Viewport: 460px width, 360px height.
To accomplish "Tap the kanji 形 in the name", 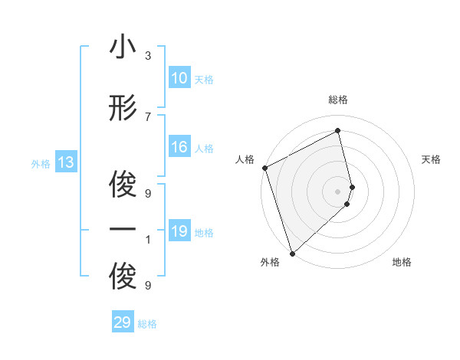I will [x=123, y=109].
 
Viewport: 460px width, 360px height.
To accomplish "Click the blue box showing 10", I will [x=179, y=78].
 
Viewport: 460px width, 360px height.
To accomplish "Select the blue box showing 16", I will [x=179, y=148].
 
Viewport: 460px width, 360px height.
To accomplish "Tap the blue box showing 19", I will [x=179, y=231].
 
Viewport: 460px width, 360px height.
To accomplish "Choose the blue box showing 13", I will [x=65, y=162].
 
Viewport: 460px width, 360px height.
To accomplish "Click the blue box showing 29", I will [x=123, y=322].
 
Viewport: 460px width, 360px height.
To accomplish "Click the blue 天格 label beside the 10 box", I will [x=204, y=80].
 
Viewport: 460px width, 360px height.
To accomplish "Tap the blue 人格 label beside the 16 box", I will [x=204, y=149].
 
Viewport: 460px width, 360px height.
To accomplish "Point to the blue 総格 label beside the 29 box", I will [x=147, y=324].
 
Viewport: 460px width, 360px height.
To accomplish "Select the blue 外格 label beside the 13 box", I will [x=41, y=164].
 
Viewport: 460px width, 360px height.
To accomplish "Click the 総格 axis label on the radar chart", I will [x=338, y=100].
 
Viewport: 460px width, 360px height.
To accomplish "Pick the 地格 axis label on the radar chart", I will [x=402, y=262].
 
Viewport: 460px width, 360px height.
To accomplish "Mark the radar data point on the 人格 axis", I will [x=264, y=168].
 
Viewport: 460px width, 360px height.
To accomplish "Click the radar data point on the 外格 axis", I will [x=292, y=253].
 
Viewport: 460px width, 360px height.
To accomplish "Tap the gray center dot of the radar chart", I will [x=338, y=191].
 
